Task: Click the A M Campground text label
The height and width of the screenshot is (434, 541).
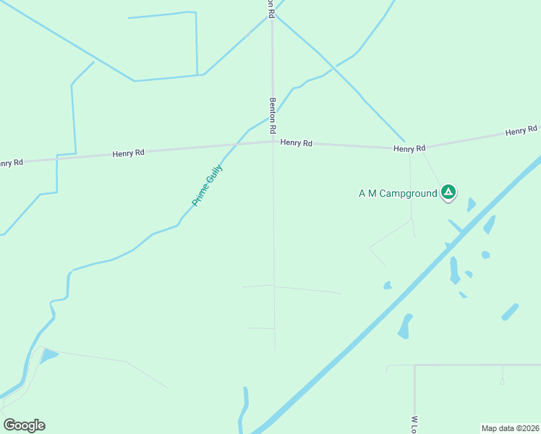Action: (x=398, y=193)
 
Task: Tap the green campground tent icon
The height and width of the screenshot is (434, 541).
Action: (x=448, y=192)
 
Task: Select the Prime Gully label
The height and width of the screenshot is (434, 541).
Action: (x=208, y=186)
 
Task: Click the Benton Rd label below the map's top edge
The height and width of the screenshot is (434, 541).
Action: (x=273, y=116)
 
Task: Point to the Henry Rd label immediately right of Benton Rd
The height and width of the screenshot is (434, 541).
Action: (x=297, y=143)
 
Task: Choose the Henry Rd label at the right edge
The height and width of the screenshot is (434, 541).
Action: (x=521, y=131)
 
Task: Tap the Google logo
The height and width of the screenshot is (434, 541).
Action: (x=24, y=425)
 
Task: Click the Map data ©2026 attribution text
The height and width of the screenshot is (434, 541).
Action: (x=511, y=428)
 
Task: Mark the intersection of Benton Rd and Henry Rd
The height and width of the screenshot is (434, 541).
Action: (x=273, y=141)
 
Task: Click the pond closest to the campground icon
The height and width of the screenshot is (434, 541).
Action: (x=472, y=205)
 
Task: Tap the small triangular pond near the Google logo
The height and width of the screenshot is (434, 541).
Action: (x=48, y=355)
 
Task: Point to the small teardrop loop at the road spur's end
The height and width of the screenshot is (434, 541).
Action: (x=502, y=381)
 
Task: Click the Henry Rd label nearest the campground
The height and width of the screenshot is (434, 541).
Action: (x=409, y=148)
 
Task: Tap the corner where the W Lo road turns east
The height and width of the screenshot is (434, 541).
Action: (x=414, y=365)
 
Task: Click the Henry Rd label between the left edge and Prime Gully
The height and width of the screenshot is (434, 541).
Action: (x=129, y=153)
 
